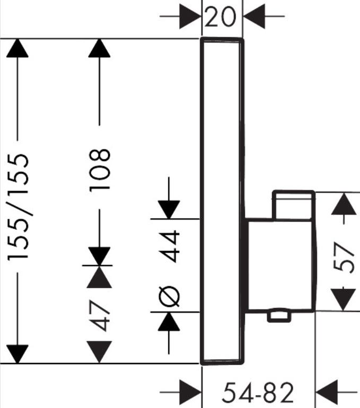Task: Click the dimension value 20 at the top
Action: pyautogui.click(x=221, y=18)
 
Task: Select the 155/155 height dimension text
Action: pyautogui.click(x=20, y=207)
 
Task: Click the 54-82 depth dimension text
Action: pyautogui.click(x=258, y=393)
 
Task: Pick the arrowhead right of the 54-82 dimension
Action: pyautogui.click(x=329, y=393)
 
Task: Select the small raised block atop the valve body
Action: pyautogui.click(x=293, y=204)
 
